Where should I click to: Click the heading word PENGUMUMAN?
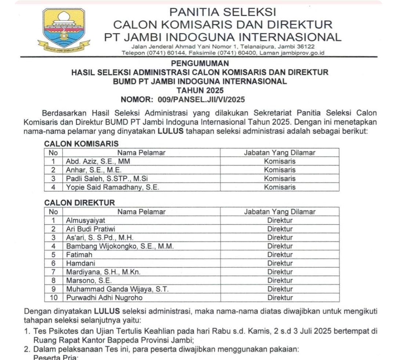coord(200,63)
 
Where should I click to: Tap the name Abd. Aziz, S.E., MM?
coord(98,161)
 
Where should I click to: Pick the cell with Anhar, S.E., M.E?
coord(94,170)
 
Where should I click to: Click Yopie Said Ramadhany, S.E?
coord(112,187)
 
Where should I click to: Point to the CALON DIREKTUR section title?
coord(79,203)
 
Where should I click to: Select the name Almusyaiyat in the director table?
coord(86,220)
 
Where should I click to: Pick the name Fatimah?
coord(79,254)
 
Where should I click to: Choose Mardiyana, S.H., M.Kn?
coord(103,272)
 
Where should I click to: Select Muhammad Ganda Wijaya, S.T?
coord(117,289)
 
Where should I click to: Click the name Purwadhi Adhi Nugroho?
coord(104,297)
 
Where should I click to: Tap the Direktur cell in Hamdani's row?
coord(280,263)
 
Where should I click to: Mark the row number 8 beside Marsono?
coord(54,280)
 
